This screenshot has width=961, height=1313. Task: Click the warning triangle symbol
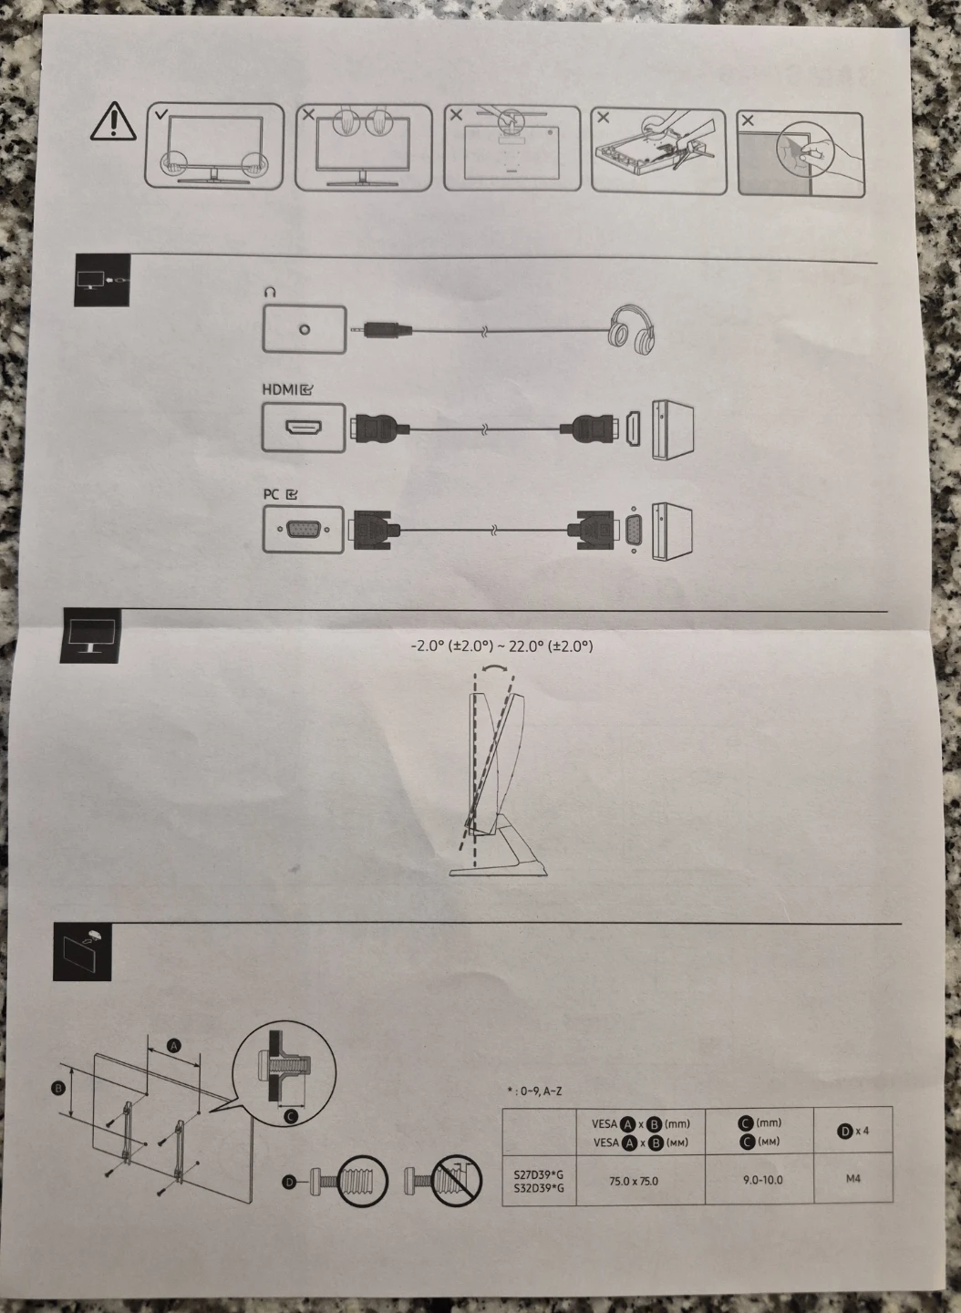point(114,121)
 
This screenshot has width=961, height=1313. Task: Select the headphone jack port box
point(305,329)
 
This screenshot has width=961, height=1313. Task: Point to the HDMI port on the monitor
point(304,428)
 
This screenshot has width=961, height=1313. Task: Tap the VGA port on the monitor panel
point(303,530)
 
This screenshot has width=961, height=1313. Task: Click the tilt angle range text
point(501,646)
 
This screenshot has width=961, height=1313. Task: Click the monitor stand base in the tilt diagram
point(498,869)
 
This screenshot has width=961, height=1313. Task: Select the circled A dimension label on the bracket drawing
point(173,1045)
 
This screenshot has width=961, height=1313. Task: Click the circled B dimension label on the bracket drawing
point(58,1089)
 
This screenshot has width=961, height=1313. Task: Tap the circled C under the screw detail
point(290,1117)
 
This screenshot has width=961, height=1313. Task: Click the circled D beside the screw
point(289,1183)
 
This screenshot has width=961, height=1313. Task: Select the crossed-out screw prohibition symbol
point(457,1181)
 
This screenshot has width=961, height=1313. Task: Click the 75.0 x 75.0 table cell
point(634,1181)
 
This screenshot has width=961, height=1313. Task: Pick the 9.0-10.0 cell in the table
point(762,1179)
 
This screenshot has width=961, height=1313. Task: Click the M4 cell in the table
point(853,1178)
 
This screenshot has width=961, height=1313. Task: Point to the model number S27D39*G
point(539,1174)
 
